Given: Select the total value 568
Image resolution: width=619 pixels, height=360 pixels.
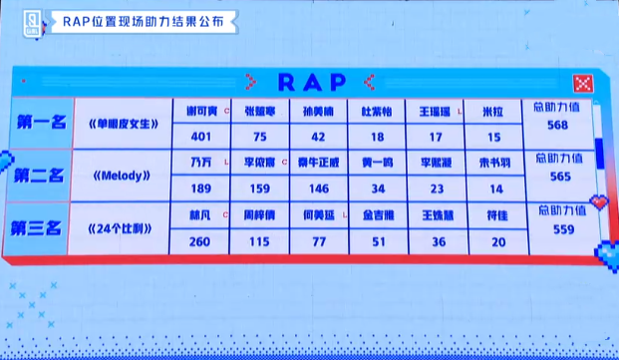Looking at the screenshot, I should pyautogui.click(x=551, y=125).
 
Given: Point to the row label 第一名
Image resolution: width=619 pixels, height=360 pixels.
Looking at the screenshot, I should pyautogui.click(x=41, y=123).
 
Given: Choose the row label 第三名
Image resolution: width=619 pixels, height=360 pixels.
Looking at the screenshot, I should pyautogui.click(x=41, y=227).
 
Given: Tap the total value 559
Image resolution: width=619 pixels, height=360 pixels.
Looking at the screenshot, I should pyautogui.click(x=551, y=228).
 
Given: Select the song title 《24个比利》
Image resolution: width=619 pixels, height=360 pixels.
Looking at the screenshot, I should pyautogui.click(x=122, y=228).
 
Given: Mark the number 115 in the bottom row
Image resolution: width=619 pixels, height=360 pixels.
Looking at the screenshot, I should pyautogui.click(x=259, y=239).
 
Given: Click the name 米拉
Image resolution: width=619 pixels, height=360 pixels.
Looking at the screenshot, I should pyautogui.click(x=492, y=109).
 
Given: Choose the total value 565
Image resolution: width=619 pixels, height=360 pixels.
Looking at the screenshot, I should pyautogui.click(x=551, y=176).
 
